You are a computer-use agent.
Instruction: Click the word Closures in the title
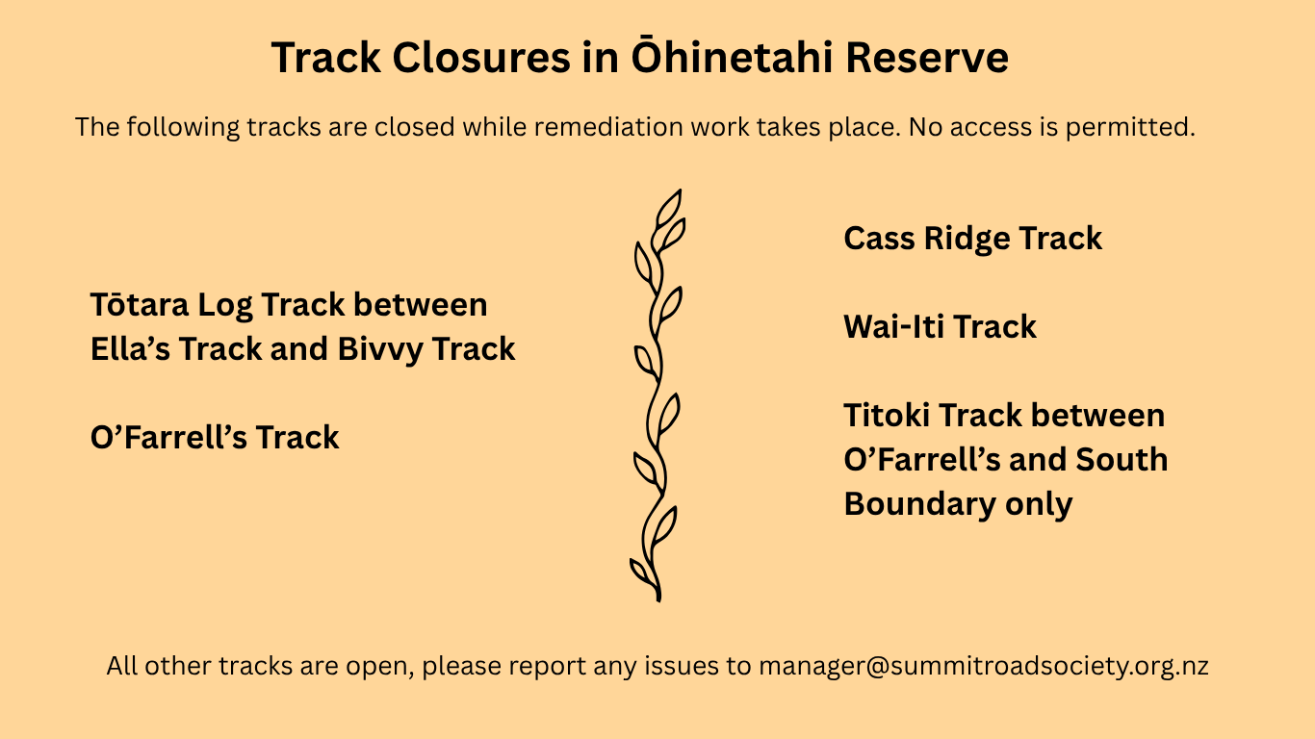click(x=480, y=58)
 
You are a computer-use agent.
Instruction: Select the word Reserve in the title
click(x=927, y=58)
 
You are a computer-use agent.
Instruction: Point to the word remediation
click(x=608, y=127)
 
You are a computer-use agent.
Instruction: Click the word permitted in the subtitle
click(x=1130, y=127)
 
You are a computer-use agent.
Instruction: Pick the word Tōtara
click(x=140, y=304)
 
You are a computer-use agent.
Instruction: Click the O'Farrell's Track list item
click(x=215, y=437)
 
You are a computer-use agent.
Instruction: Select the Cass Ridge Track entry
click(x=972, y=239)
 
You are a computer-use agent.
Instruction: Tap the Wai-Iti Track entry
click(x=940, y=326)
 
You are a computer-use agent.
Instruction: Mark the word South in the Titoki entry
click(x=1122, y=459)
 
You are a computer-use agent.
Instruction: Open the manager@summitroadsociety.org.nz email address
click(x=983, y=666)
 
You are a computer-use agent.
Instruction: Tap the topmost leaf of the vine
click(x=669, y=207)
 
